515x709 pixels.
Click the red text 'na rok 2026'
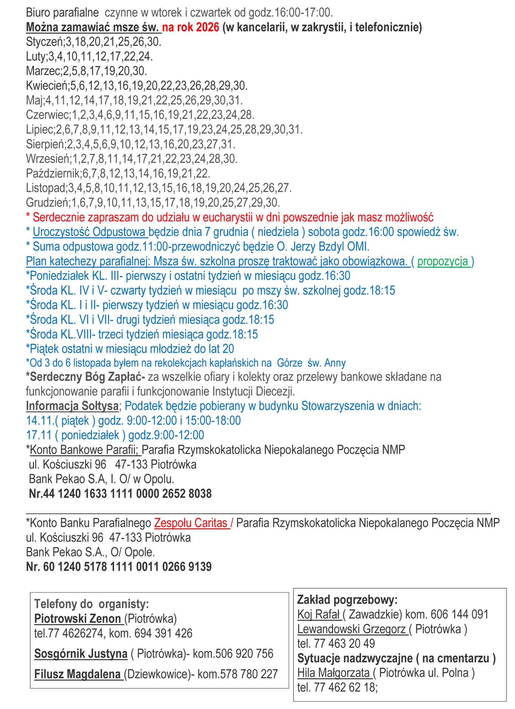coord(191,27)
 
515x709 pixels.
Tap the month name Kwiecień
coord(47,86)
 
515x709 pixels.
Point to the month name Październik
coord(53,174)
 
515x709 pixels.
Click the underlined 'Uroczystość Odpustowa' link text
coord(90,232)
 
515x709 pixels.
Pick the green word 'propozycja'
coord(443,261)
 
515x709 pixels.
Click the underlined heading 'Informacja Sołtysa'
coord(72,406)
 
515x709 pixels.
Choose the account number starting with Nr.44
coord(120,494)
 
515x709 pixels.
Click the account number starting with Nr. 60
coord(119,566)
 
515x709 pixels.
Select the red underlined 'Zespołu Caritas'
coord(191,523)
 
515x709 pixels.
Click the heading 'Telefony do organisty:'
coord(91,604)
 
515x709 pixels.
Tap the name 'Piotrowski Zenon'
coord(78,619)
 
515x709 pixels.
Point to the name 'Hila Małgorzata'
coord(334,673)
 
